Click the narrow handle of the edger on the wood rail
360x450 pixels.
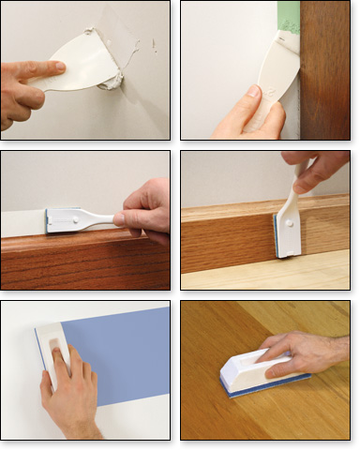[x=101, y=220]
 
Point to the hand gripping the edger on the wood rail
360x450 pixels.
[x=147, y=214]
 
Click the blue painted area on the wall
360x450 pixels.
[x=122, y=356]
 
